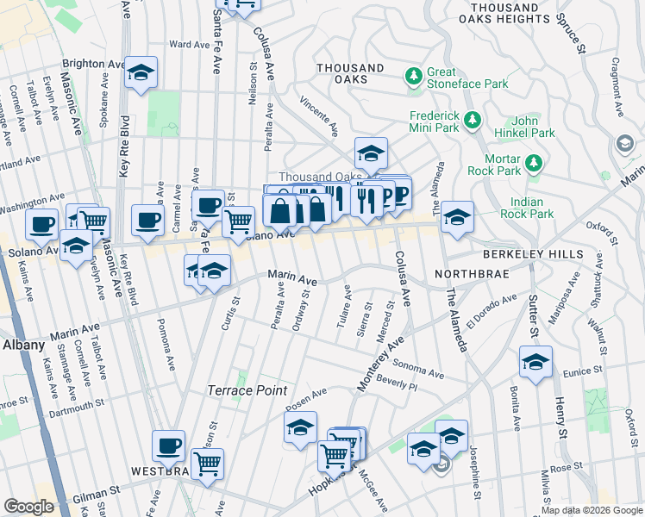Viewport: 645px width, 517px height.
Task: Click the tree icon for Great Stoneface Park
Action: [415, 78]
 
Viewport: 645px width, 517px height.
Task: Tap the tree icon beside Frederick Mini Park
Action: [472, 121]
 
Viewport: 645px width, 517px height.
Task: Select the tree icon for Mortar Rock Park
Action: [534, 162]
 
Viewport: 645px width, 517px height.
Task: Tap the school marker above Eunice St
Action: [535, 363]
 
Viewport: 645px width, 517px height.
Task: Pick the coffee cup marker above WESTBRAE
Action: [168, 446]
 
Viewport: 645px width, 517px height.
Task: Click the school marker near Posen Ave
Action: [300, 427]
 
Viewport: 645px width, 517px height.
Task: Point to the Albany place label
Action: [23, 344]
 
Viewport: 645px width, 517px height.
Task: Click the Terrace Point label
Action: [247, 390]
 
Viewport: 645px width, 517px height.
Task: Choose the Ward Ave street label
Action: [185, 44]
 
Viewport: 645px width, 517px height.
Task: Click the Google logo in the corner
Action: [29, 507]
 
